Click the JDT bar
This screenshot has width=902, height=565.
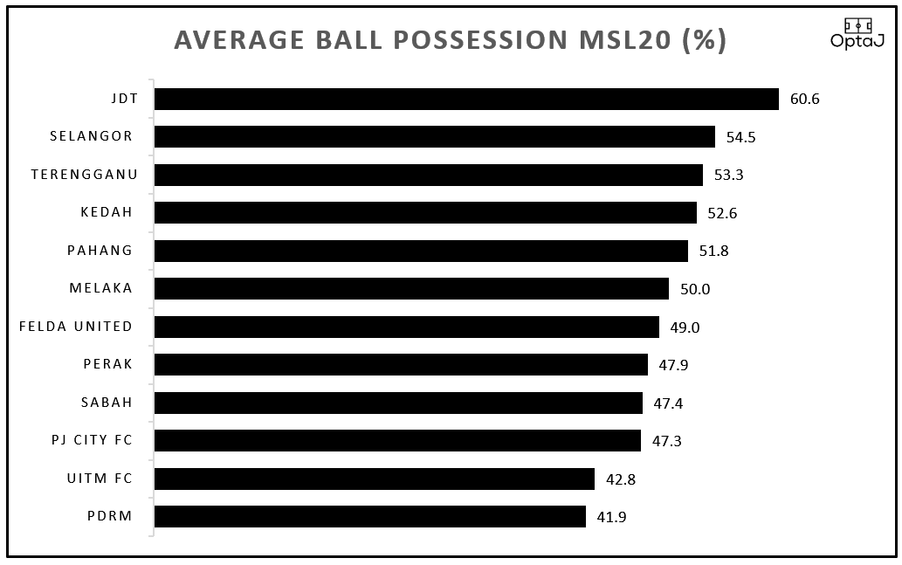coord(466,99)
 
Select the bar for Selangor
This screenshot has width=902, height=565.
coord(435,136)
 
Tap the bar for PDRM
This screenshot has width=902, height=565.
coord(370,516)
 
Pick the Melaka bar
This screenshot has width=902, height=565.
coord(411,288)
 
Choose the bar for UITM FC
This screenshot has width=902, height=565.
coord(375,479)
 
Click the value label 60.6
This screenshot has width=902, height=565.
coord(804,99)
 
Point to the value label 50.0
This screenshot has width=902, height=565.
coord(694,289)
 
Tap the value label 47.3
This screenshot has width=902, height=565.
coord(666,441)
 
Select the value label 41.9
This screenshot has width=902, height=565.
coord(611,517)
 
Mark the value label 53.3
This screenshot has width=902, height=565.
coord(728,175)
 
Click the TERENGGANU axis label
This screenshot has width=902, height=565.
coord(81,175)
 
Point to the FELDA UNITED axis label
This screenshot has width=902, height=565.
coord(76,327)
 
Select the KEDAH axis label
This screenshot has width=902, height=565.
coord(107,212)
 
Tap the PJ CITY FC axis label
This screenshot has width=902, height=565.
coord(92,440)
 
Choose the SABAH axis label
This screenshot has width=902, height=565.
coord(107,403)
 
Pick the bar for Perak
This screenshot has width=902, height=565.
coord(401,364)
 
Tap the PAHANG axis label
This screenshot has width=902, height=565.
coord(100,251)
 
